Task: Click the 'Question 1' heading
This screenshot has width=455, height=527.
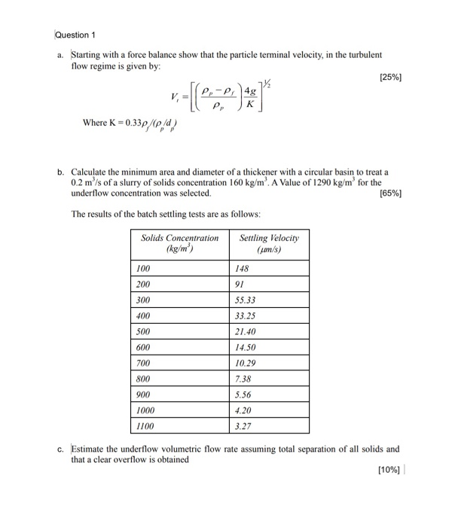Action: [x=77, y=35]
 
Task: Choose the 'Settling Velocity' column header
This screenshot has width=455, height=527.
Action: [x=268, y=242]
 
